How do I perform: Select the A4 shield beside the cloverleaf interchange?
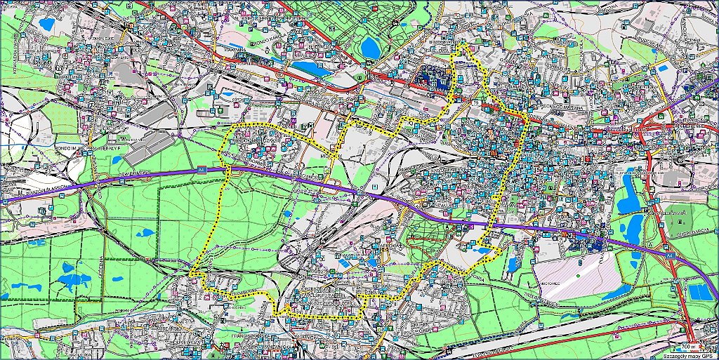pos(671,256)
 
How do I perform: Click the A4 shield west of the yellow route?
pos(201,169)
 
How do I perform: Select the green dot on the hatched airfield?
pos(577,275)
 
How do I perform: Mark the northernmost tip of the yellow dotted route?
pos(463,45)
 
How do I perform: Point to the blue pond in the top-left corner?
pos(47,25)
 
